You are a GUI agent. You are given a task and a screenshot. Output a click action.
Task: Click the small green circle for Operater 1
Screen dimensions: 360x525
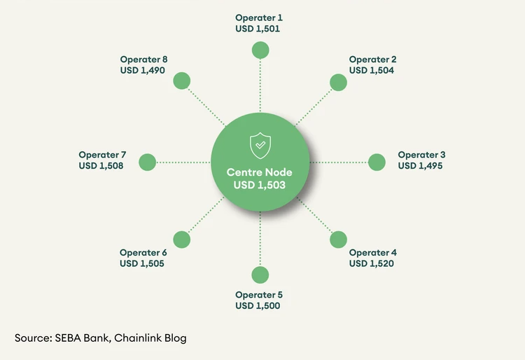[x=260, y=50]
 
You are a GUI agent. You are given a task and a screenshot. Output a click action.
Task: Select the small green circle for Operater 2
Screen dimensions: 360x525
[x=338, y=82]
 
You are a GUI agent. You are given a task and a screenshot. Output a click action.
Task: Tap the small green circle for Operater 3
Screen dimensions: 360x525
[x=377, y=162]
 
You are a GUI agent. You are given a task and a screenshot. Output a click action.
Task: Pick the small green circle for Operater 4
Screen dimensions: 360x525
[x=338, y=240]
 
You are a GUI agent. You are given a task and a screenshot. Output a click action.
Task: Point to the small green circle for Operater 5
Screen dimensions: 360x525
[x=260, y=275]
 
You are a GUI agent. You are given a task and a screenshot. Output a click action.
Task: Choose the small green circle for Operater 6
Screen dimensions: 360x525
[x=182, y=240]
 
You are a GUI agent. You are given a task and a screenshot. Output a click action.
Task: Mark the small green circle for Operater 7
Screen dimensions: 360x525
[x=147, y=162]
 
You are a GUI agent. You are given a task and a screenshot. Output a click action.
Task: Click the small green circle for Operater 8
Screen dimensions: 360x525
[x=182, y=80]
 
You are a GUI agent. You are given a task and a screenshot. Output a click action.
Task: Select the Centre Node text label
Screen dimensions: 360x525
[x=260, y=172]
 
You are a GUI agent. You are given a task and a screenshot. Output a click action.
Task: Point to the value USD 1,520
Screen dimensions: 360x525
[x=372, y=263]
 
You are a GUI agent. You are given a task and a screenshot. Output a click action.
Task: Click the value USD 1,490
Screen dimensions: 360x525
[x=143, y=71]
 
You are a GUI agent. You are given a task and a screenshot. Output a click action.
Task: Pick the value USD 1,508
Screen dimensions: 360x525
[x=101, y=166]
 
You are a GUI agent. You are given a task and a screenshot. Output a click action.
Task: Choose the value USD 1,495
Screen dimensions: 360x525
[x=420, y=166]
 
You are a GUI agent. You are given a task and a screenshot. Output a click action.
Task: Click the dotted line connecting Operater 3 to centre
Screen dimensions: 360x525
[x=339, y=162]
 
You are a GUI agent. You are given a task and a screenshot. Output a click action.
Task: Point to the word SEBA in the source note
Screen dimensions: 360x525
[x=65, y=338]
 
